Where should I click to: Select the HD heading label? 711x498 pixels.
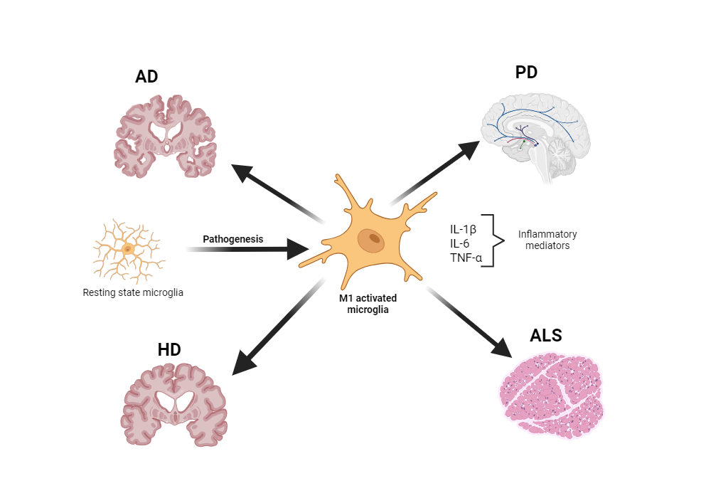[169, 349]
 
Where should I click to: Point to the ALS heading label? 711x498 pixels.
[545, 336]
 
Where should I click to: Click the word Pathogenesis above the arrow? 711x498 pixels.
[233, 239]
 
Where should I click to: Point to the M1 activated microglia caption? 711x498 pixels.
[364, 304]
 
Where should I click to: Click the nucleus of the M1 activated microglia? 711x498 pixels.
[370, 240]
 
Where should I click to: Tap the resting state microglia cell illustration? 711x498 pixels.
[128, 250]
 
